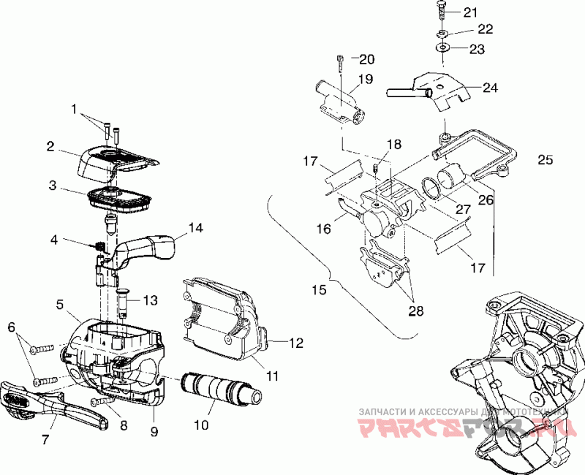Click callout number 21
[x=469, y=12]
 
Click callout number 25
[x=545, y=160]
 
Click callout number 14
[x=195, y=227]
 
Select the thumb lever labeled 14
[x=146, y=248]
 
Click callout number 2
[x=50, y=146]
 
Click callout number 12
[x=295, y=342]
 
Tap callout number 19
[x=365, y=79]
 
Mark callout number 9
[x=154, y=431]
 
